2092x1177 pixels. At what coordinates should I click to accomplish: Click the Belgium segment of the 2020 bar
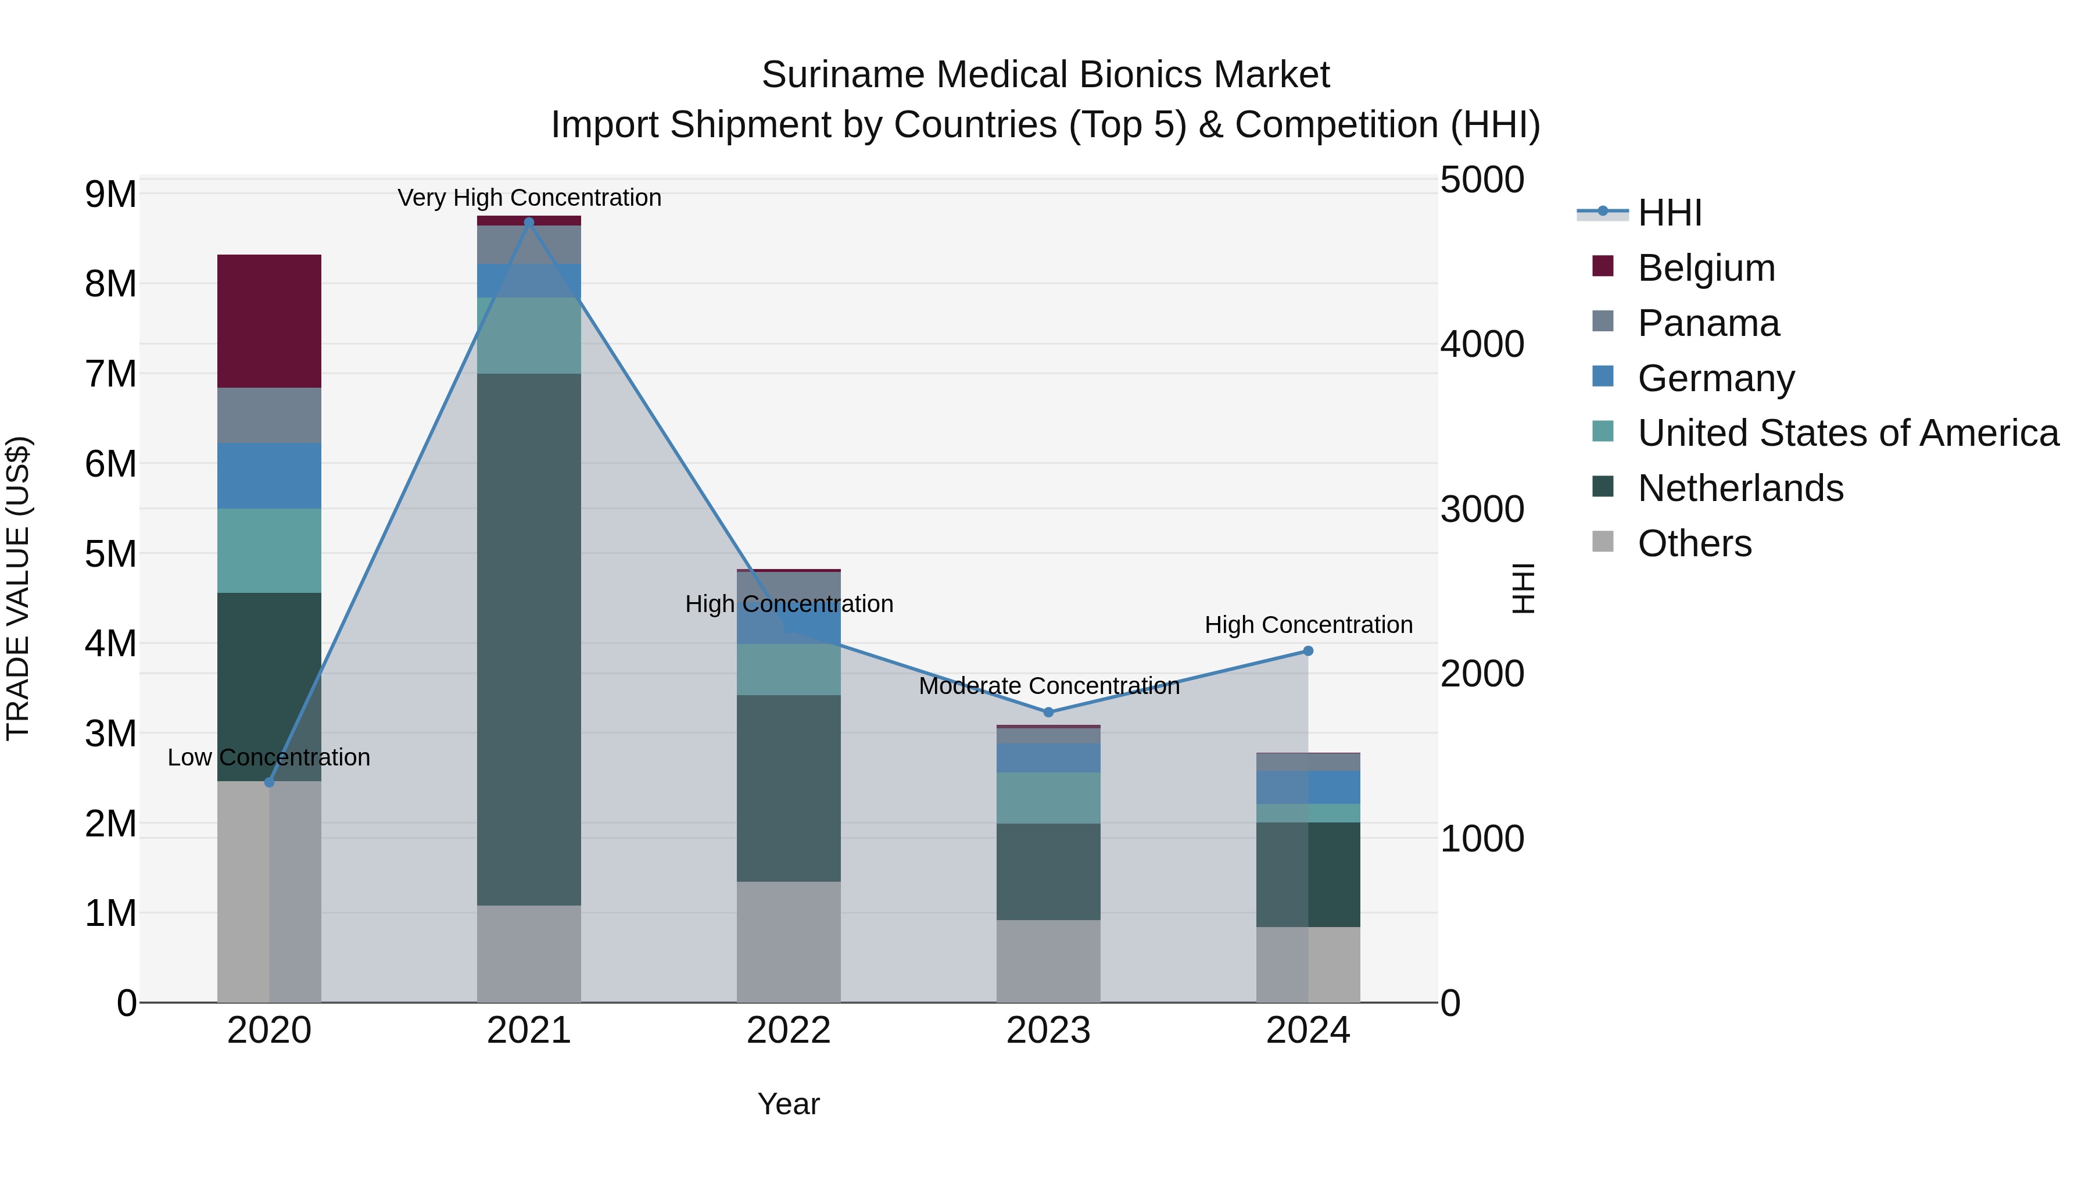[269, 321]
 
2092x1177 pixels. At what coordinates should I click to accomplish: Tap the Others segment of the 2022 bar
[788, 942]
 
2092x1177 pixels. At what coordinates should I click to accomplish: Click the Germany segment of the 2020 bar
[269, 475]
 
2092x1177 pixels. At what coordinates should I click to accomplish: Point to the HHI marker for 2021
[529, 223]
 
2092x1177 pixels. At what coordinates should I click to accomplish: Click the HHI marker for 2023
[1048, 713]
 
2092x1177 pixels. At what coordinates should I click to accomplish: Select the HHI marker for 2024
[1307, 650]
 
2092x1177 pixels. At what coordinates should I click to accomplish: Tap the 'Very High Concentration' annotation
[529, 198]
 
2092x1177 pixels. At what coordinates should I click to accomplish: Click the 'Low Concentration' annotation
[269, 757]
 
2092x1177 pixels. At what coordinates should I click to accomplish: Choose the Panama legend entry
[1708, 323]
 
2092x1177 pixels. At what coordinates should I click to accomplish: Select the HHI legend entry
[1669, 213]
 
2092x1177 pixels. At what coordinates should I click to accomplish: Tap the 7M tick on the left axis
[110, 374]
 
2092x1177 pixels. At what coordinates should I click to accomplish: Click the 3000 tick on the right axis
[1482, 509]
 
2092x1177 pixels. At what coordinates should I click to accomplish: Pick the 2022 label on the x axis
[788, 1031]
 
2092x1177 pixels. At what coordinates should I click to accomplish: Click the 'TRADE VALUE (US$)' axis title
[18, 588]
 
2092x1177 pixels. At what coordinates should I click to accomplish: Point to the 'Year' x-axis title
[788, 1104]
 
